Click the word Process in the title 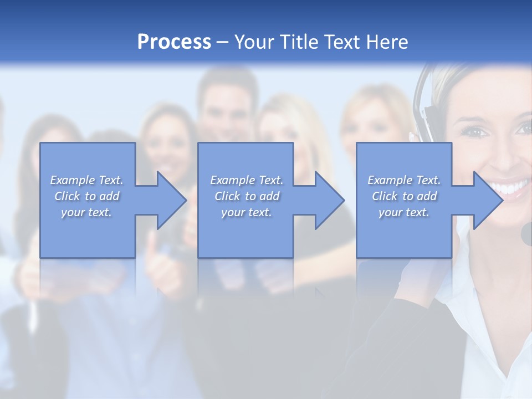point(174,42)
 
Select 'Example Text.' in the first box point(86,180)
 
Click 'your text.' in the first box point(86,212)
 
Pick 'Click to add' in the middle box point(247,196)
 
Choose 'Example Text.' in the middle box point(247,180)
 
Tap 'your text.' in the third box point(404,212)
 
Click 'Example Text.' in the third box point(404,180)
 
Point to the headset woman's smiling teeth point(513,188)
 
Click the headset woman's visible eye point(477,132)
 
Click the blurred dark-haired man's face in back point(224,108)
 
